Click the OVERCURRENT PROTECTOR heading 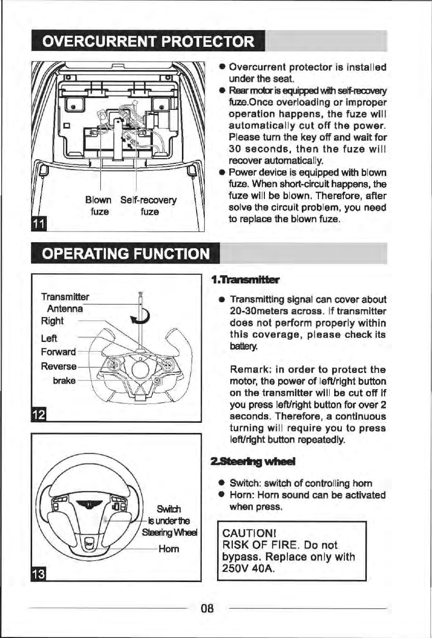(x=147, y=41)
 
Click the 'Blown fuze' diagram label (x=99, y=205)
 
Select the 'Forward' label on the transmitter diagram (x=58, y=352)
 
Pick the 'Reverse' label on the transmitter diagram (x=59, y=366)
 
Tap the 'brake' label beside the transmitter (x=64, y=380)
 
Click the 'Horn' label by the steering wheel (x=168, y=549)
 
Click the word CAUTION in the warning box (x=244, y=534)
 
